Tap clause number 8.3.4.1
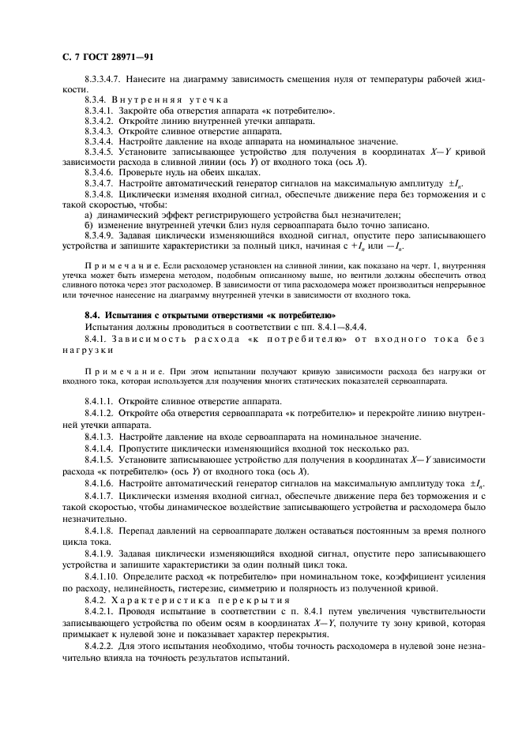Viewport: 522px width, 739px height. (100, 111)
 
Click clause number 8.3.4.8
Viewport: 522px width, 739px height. (100, 193)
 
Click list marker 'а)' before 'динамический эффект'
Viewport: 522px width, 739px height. (88, 215)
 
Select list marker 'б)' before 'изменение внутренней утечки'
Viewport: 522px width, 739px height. (88, 225)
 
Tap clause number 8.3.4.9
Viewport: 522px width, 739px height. (100, 235)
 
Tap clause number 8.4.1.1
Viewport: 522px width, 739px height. (100, 401)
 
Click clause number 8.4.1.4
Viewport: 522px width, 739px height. (100, 446)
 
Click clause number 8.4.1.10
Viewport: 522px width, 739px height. (103, 577)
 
